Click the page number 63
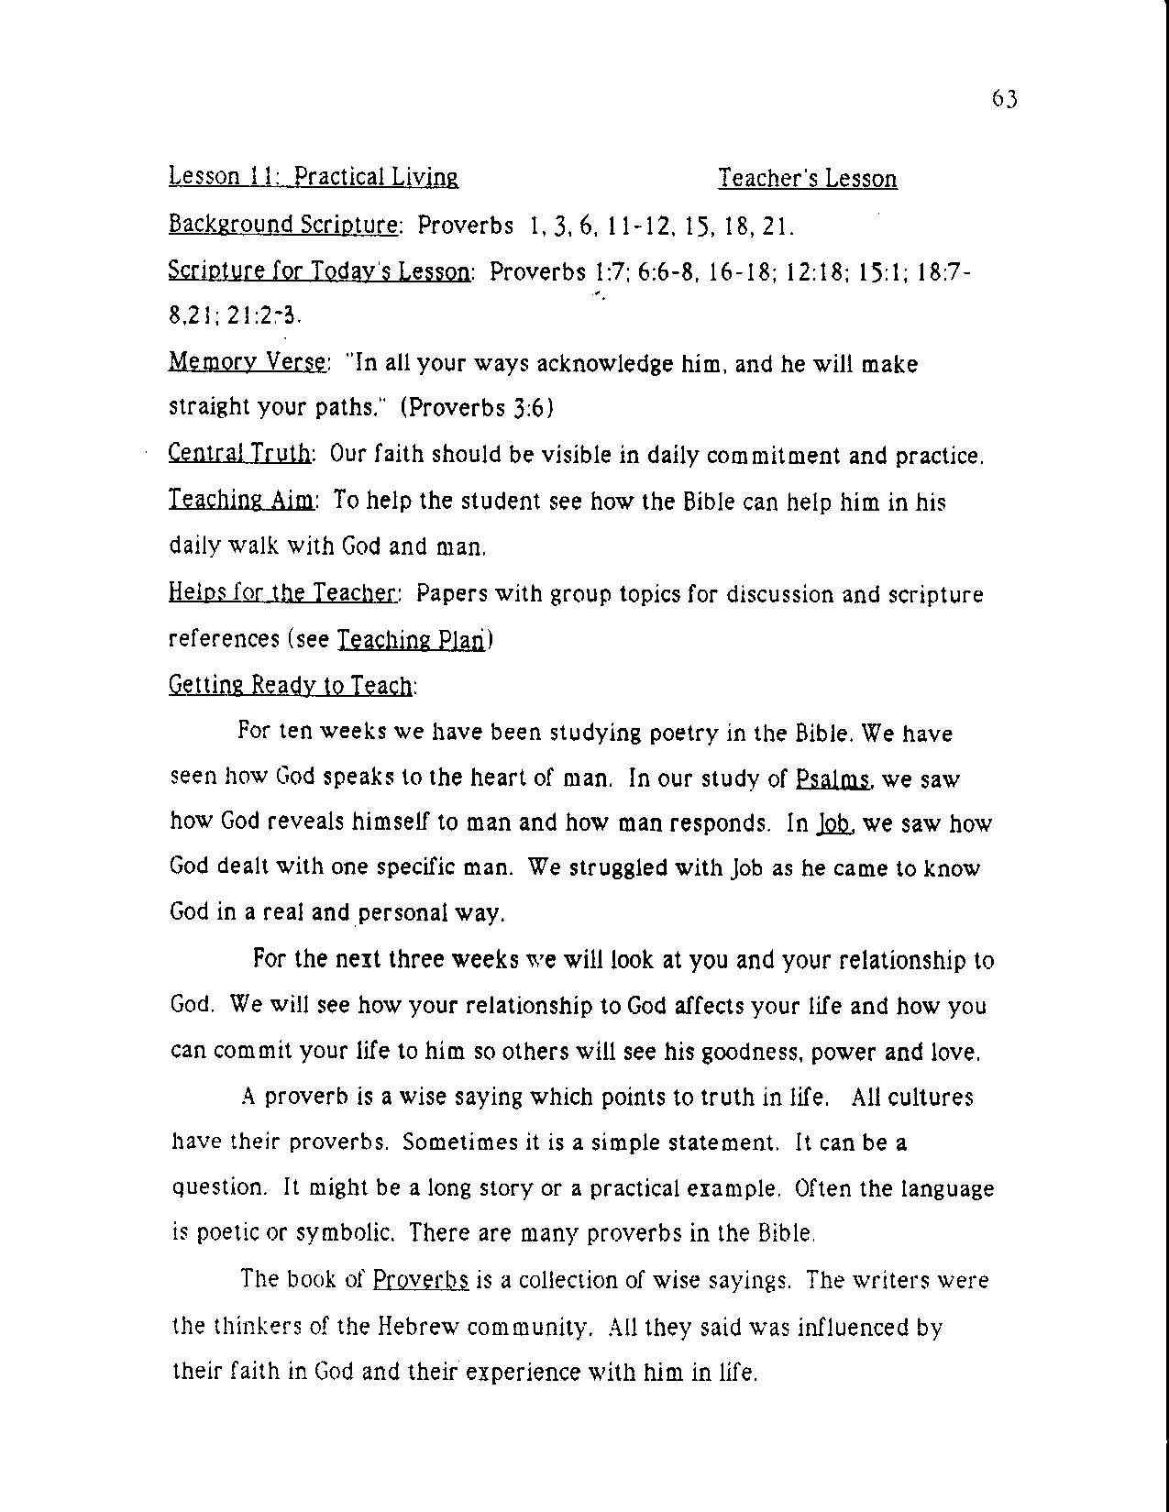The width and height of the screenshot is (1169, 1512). pos(1004,99)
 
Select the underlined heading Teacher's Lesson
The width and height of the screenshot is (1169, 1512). pos(807,179)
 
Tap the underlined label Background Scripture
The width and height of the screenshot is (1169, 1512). pos(283,225)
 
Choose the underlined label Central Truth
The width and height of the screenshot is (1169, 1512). pos(241,455)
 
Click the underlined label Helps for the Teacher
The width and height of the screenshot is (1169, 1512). pos(282,594)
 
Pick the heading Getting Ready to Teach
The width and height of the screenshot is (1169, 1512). pos(291,686)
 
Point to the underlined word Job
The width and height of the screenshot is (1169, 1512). pos(833,823)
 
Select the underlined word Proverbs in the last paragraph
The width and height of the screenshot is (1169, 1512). pos(421,1280)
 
